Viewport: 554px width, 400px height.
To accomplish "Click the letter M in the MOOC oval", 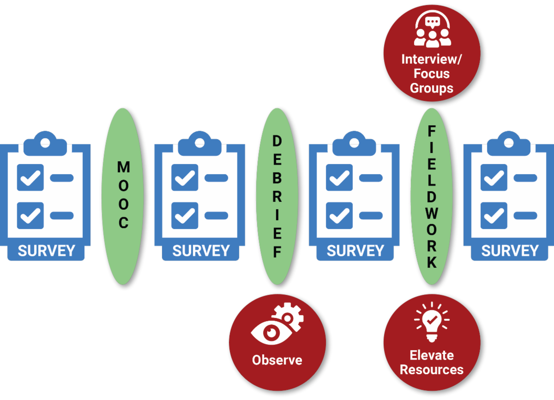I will [x=123, y=167].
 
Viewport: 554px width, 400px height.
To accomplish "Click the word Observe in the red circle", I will [x=277, y=360].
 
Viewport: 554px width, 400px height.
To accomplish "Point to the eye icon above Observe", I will [x=267, y=331].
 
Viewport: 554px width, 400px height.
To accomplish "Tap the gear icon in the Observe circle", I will [x=290, y=315].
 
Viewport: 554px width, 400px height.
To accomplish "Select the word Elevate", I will [x=432, y=355].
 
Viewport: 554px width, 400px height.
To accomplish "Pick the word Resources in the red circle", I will [x=432, y=370].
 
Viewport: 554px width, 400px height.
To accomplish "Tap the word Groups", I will [x=432, y=88].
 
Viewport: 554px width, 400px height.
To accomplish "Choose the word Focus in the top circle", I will [x=432, y=73].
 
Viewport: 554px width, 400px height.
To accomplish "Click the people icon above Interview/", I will [x=432, y=30].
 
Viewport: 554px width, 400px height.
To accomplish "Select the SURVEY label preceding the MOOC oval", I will [x=46, y=251].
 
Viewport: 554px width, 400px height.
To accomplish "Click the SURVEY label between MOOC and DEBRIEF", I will [x=201, y=251].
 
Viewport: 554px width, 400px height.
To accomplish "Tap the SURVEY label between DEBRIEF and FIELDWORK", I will [x=355, y=251].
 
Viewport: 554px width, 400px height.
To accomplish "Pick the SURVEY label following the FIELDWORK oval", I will [x=510, y=251].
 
